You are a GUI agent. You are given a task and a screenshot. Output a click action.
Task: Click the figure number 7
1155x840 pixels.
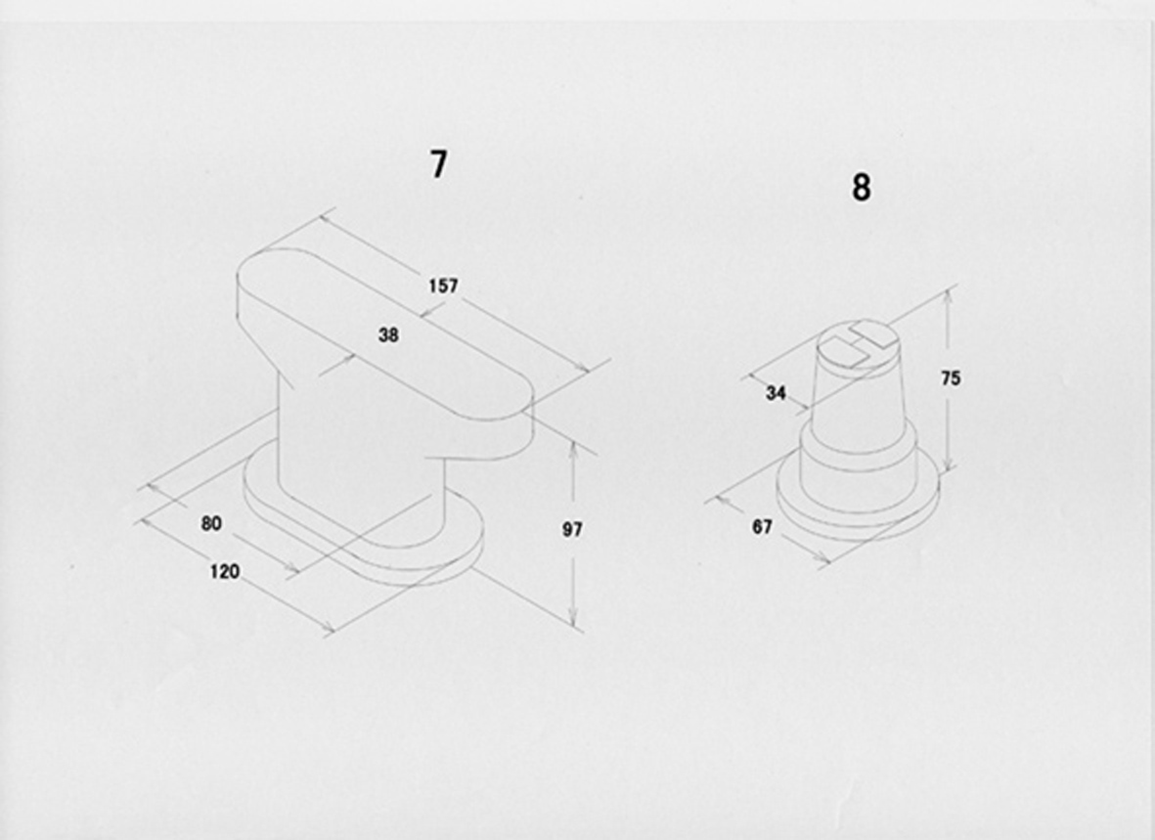coord(438,164)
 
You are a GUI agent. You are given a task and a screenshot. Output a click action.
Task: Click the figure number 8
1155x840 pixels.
coord(861,187)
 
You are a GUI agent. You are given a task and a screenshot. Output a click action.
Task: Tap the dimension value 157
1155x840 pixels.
coord(443,286)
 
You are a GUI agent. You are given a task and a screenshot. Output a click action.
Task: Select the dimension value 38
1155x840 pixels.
coord(388,335)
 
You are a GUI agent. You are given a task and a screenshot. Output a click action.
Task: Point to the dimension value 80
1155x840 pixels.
coord(211,523)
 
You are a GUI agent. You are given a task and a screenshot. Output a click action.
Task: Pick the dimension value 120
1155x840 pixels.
coord(225,571)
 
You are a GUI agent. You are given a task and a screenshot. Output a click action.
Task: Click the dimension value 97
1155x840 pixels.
coord(572,529)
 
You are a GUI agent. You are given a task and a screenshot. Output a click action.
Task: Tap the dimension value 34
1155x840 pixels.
coord(776,393)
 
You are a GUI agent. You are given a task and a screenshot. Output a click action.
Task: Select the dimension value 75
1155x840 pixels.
coord(951,378)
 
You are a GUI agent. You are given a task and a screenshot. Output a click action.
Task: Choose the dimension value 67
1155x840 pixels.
coord(762,527)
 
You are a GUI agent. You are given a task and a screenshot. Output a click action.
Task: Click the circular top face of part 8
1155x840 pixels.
coord(860,342)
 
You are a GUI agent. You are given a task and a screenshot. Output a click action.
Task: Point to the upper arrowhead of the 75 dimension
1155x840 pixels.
coord(949,298)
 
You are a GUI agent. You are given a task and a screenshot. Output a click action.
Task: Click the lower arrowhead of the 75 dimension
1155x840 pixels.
coord(949,460)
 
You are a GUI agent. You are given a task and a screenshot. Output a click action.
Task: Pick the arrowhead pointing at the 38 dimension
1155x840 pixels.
coord(348,360)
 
